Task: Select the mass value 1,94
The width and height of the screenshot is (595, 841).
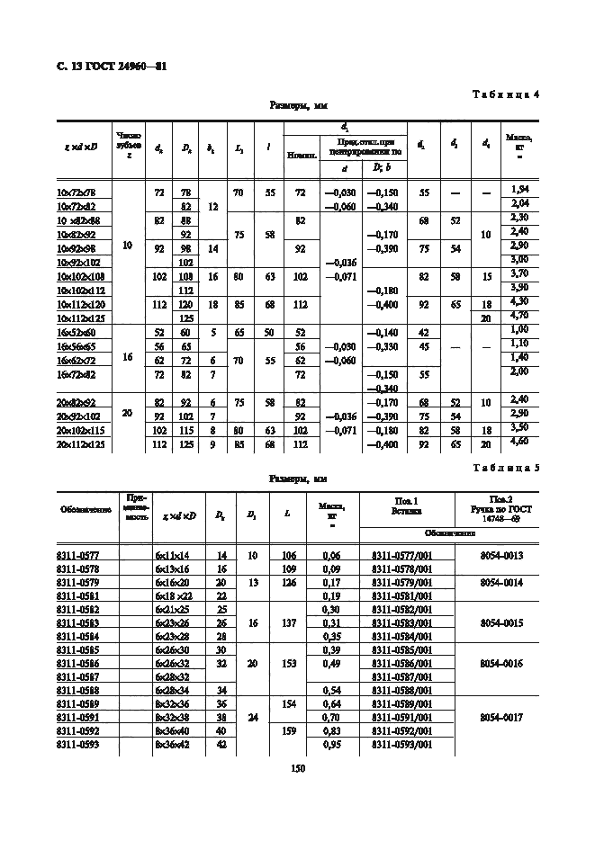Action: point(518,190)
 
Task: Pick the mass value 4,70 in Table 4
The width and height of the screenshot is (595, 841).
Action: point(518,317)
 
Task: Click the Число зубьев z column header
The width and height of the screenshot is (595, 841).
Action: point(129,145)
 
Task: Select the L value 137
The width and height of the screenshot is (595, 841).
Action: point(287,622)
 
